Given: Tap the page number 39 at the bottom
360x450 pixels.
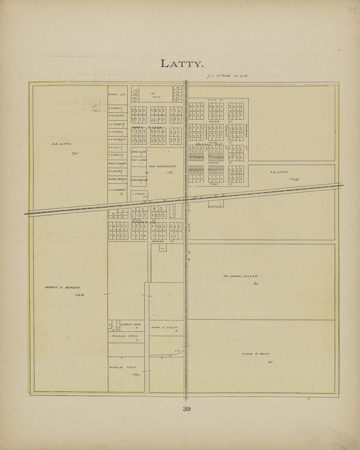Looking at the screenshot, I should (187, 408).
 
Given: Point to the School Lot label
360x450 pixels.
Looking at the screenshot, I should (115, 95).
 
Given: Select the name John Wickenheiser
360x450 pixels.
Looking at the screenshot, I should (162, 166).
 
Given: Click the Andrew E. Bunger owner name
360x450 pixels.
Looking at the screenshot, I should (63, 288).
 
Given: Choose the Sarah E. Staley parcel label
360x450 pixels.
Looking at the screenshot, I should (164, 327).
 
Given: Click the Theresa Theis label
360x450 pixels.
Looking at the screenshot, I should (131, 324).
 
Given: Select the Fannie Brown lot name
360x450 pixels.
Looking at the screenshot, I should (117, 179).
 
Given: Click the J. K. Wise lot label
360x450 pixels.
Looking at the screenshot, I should (139, 194).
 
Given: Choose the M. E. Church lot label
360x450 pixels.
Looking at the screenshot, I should (116, 115).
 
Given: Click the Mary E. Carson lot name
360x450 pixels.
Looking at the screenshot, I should (117, 163).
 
